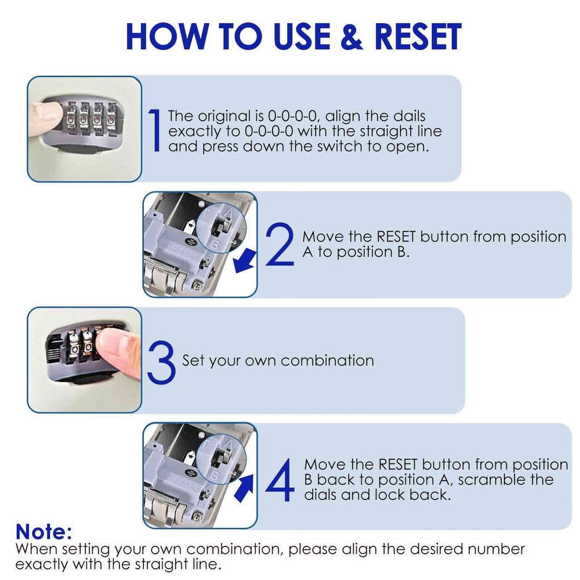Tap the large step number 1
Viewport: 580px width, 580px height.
[x=154, y=131]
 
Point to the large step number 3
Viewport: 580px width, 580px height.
[x=161, y=361]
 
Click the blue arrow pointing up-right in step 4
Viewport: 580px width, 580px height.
[x=245, y=486]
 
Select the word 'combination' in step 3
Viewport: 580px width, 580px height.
[x=328, y=361]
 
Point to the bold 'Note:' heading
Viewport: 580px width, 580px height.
[x=44, y=531]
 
